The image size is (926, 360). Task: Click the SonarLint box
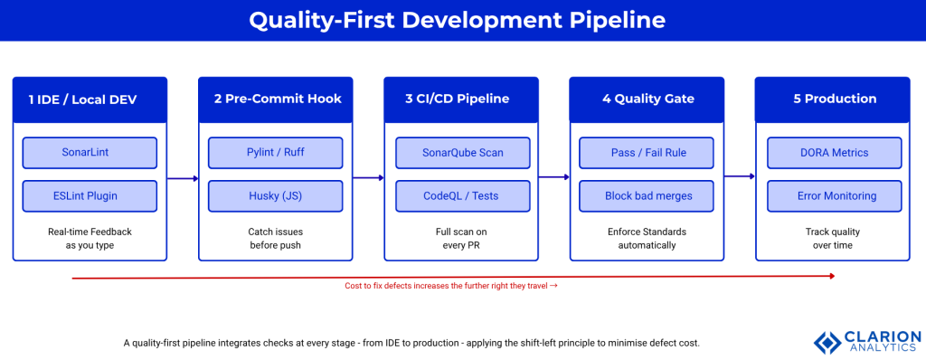tap(90, 152)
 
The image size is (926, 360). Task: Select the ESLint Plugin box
tap(90, 195)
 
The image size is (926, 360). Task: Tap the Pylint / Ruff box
tap(275, 152)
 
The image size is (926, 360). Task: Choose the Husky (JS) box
tap(275, 195)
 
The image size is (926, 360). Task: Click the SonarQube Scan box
tap(462, 152)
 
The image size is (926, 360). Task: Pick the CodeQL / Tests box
tap(462, 195)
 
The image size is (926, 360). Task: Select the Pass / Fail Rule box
tap(647, 152)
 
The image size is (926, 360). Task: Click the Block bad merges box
tap(647, 195)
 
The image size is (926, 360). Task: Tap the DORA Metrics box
tap(833, 152)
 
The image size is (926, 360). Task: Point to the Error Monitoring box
tap(833, 195)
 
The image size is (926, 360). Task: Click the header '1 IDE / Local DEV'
tap(90, 99)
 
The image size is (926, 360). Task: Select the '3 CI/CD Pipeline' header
tap(462, 99)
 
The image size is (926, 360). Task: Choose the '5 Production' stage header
tap(833, 99)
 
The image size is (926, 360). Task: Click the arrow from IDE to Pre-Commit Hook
tap(183, 179)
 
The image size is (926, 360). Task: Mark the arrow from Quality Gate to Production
tap(740, 177)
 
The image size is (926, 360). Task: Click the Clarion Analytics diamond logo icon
tap(827, 342)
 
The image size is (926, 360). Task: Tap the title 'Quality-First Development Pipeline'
tap(462, 20)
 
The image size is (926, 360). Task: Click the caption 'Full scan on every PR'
tap(462, 239)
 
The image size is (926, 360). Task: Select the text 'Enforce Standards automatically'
tap(647, 239)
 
